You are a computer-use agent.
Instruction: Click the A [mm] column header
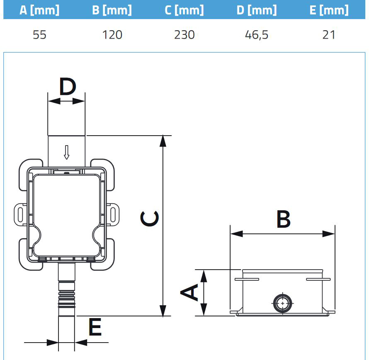tap(39, 10)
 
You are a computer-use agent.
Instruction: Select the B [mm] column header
tap(112, 10)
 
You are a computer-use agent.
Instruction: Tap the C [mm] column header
tap(184, 10)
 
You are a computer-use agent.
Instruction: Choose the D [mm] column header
tap(257, 10)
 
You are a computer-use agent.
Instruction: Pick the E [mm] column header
tap(329, 10)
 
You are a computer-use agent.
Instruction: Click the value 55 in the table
tap(39, 35)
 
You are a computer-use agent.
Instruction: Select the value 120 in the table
tap(112, 35)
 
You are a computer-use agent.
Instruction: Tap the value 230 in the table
tap(184, 35)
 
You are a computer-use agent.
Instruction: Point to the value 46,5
tap(257, 35)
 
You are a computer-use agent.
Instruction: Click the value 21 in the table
tap(329, 35)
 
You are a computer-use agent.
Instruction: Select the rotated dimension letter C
tap(149, 219)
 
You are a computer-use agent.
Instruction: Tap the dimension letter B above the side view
tap(283, 219)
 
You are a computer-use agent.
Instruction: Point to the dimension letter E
tap(95, 328)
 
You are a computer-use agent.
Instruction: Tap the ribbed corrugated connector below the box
tap(66, 297)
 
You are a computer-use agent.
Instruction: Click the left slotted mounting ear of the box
tap(19, 213)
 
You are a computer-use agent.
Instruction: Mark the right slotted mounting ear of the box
tap(113, 213)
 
